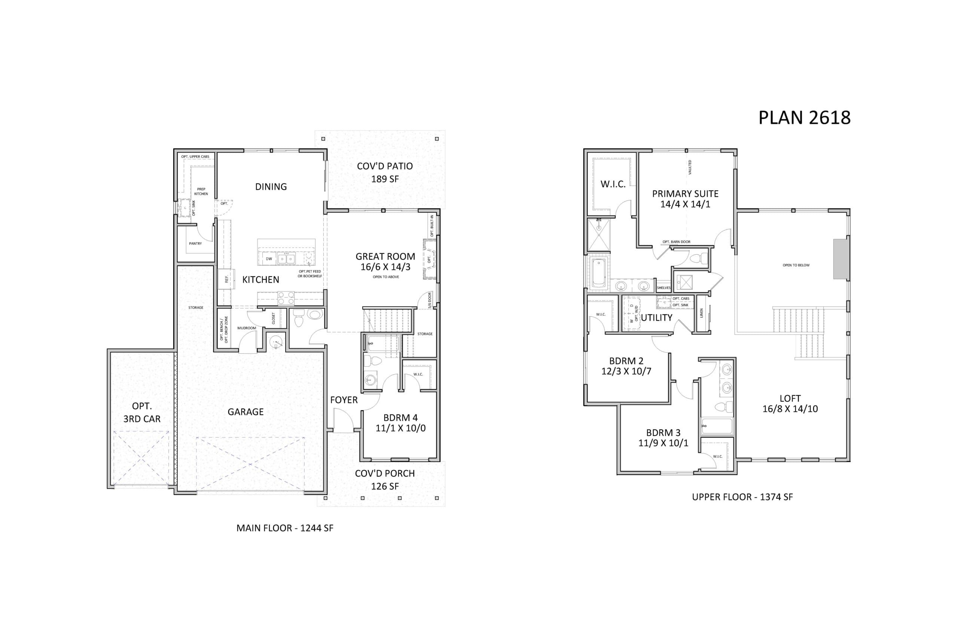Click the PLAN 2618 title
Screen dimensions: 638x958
[x=804, y=118]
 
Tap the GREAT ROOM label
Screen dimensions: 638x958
[x=385, y=256]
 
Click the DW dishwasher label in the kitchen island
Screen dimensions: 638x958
[x=269, y=259]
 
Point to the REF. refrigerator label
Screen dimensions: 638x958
[x=227, y=280]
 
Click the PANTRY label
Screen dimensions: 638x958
[x=195, y=244]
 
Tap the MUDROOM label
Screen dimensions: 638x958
[x=247, y=328]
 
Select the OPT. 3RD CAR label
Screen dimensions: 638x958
[x=142, y=412]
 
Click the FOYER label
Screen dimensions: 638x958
[x=344, y=400]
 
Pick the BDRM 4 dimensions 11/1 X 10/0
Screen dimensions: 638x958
[x=400, y=428]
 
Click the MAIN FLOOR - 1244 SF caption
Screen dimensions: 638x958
[x=285, y=528]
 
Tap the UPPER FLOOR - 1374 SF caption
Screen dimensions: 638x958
[x=742, y=497]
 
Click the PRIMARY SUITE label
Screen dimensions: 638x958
[x=685, y=194]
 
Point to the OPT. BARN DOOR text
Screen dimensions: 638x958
[x=676, y=242]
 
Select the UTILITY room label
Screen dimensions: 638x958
[x=657, y=318]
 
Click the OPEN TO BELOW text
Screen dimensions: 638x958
[x=796, y=265]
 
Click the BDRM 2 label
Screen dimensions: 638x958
[x=626, y=361]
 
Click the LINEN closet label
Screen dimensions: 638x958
[x=701, y=313]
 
